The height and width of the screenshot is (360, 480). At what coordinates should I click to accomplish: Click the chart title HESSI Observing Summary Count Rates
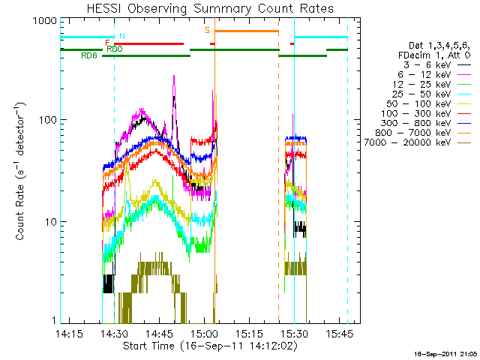click(x=210, y=8)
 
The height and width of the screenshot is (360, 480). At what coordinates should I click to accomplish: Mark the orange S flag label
click(x=208, y=30)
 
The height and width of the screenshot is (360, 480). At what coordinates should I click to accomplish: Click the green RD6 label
click(x=89, y=56)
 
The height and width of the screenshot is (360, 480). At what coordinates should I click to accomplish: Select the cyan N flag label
click(x=122, y=36)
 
